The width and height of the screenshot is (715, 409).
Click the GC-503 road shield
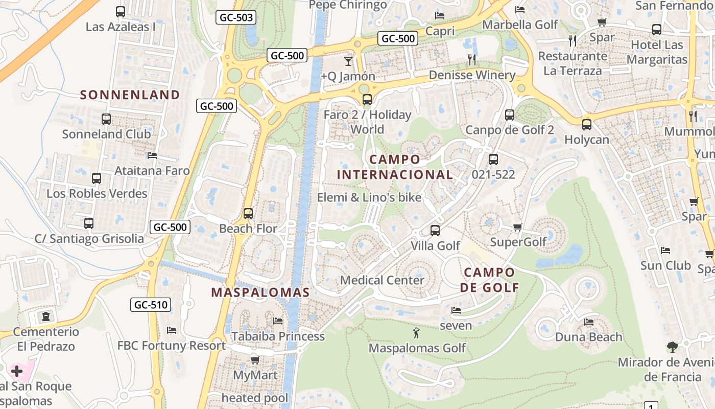pyautogui.click(x=236, y=17)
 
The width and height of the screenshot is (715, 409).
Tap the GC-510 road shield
pyautogui.click(x=151, y=305)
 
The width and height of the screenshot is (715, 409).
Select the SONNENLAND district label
pyautogui.click(x=130, y=95)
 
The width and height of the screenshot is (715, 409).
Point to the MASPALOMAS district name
pyautogui.click(x=260, y=292)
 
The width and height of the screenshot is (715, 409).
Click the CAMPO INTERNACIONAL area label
pyautogui.click(x=395, y=167)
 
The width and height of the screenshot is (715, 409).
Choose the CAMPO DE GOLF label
pyautogui.click(x=489, y=280)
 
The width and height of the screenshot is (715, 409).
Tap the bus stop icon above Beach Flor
pyautogui.click(x=248, y=214)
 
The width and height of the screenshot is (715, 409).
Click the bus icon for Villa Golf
pyautogui.click(x=435, y=231)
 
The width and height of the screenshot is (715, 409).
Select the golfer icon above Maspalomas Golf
pyautogui.click(x=417, y=333)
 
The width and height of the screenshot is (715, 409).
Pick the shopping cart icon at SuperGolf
pyautogui.click(x=518, y=227)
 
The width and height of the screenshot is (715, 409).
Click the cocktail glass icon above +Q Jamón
pyautogui.click(x=348, y=61)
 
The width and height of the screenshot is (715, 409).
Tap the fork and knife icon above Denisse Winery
pyautogui.click(x=472, y=60)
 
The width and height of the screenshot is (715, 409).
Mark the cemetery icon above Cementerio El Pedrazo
pyautogui.click(x=46, y=316)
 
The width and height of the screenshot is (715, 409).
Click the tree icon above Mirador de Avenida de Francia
pyautogui.click(x=673, y=347)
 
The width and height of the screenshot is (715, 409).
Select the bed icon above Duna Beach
pyautogui.click(x=589, y=322)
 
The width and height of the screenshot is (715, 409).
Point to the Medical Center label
pyautogui.click(x=382, y=280)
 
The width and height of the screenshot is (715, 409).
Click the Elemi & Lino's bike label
pyautogui.click(x=369, y=197)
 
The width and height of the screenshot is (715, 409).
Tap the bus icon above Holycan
pyautogui.click(x=587, y=124)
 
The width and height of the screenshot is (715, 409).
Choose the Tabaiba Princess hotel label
pyautogui.click(x=278, y=336)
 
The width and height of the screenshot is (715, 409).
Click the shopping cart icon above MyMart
pyautogui.click(x=255, y=360)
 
